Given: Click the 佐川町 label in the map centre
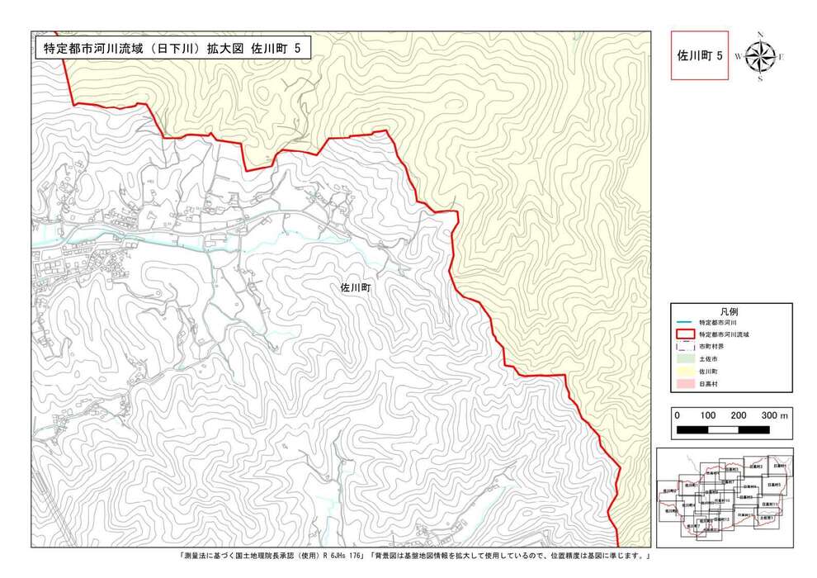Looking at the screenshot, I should [x=357, y=288].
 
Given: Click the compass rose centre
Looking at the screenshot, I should [x=759, y=56].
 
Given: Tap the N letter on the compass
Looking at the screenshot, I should [x=759, y=35].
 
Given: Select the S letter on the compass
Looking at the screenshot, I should [x=759, y=79].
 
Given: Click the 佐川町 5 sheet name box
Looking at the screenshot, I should [x=700, y=56].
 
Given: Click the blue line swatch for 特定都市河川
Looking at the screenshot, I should [x=685, y=321].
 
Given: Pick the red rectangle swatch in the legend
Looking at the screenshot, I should [x=685, y=334].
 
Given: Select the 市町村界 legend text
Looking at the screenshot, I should [x=711, y=347].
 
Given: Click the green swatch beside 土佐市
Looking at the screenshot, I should [x=685, y=360].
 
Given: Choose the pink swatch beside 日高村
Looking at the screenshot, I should [x=685, y=385].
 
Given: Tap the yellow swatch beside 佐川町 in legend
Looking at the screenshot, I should [x=685, y=372].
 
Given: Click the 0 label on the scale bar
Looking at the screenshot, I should [x=678, y=415].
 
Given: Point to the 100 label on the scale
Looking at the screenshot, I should [x=707, y=415].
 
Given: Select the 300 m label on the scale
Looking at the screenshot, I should [x=775, y=415].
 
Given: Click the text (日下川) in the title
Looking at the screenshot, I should [x=176, y=48].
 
